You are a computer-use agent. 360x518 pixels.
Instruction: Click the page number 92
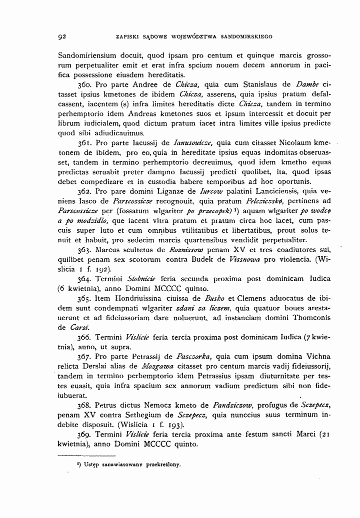[62, 36]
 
